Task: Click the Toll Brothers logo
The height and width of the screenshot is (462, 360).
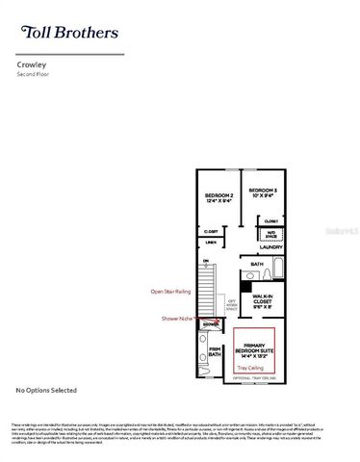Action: click(x=68, y=33)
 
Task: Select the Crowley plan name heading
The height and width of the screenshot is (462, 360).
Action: click(x=32, y=66)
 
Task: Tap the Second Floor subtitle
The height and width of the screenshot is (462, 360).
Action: click(x=34, y=76)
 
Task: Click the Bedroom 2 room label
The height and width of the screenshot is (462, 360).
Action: click(x=219, y=198)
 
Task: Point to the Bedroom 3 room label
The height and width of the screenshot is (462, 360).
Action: click(x=263, y=193)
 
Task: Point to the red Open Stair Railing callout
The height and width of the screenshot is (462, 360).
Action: click(x=170, y=290)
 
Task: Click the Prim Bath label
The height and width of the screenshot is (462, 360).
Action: click(x=215, y=352)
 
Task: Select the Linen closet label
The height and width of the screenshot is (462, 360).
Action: click(x=209, y=243)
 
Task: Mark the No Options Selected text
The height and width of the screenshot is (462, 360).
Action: click(x=46, y=390)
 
